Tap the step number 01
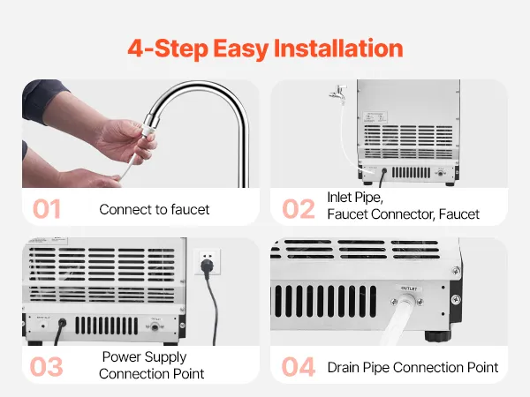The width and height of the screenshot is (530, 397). click(47, 209)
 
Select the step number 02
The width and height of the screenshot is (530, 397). click(299, 209)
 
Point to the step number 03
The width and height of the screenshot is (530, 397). click(47, 367)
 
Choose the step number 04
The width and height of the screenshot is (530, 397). click(299, 367)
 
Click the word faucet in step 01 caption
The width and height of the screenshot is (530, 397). click(190, 210)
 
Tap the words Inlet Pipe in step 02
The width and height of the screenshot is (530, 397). click(355, 198)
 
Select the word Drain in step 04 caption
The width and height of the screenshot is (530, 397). click(343, 367)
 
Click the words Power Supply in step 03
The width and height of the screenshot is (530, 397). click(144, 357)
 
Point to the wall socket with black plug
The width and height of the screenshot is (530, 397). click(207, 262)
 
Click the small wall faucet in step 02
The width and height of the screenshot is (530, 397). click(337, 92)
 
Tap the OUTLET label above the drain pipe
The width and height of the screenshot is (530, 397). click(409, 288)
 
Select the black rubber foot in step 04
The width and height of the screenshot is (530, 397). click(438, 336)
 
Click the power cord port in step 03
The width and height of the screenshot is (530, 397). click(62, 323)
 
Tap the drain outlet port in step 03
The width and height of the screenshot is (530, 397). click(155, 326)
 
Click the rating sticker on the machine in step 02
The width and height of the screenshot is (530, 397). click(375, 117)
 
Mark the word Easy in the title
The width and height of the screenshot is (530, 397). click(240, 49)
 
